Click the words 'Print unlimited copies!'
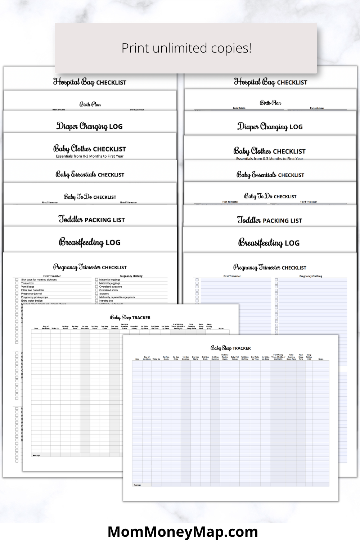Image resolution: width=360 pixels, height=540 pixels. [x=186, y=48]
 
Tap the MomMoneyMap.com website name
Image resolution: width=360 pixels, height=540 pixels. [x=183, y=531]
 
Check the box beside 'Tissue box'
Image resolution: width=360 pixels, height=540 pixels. [x=17, y=283]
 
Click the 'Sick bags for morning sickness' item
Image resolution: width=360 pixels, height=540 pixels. [x=39, y=280]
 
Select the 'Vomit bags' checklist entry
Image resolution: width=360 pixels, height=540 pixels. [x=28, y=287]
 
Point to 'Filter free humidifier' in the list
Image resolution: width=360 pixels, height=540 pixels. [x=32, y=290]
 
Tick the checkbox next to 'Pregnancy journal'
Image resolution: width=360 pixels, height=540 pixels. [x=17, y=294]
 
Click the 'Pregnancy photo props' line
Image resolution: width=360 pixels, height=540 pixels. [x=34, y=297]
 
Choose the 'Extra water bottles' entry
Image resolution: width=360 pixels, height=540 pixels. [x=32, y=301]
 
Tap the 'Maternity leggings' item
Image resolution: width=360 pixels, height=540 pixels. [x=110, y=280]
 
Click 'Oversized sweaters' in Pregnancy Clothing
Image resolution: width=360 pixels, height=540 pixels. [x=111, y=287]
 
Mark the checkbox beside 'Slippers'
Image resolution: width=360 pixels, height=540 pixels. [x=96, y=294]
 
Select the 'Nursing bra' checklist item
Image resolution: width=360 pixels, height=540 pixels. [x=106, y=301]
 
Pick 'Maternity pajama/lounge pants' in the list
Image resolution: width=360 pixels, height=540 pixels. [x=117, y=297]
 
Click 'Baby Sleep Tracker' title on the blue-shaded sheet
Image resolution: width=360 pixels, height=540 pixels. [x=230, y=348]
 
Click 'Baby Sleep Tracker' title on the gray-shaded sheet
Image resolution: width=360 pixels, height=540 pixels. [x=130, y=318]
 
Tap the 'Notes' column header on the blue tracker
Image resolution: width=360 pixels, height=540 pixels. [x=321, y=359]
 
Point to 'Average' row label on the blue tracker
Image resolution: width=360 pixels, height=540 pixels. [x=138, y=485]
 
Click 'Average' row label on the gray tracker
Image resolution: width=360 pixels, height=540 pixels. [x=36, y=455]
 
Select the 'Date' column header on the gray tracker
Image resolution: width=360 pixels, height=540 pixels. [x=36, y=328]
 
